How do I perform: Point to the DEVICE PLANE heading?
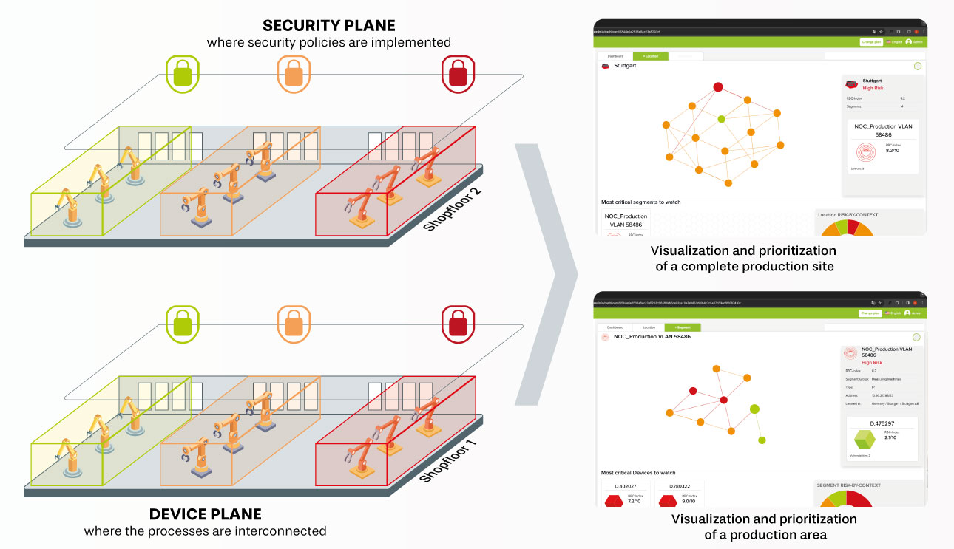[x=205, y=514]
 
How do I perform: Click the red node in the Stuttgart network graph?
[x=717, y=87]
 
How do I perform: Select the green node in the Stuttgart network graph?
[x=721, y=118]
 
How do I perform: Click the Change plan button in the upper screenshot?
[x=870, y=42]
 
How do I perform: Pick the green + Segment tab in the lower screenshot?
[x=682, y=327]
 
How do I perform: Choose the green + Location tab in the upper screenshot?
[x=651, y=56]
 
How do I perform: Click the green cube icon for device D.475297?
[x=864, y=440]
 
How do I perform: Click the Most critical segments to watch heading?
[x=640, y=202]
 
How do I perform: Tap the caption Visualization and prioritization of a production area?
[x=764, y=526]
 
